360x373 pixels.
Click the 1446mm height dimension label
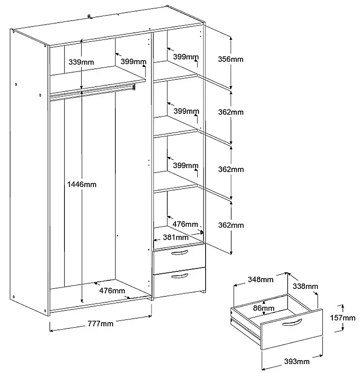click(82, 185)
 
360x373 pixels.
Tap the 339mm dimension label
click(81, 62)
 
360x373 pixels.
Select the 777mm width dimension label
click(100, 323)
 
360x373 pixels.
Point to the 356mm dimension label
click(231, 59)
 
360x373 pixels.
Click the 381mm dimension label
click(176, 237)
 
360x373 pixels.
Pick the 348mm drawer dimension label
click(261, 279)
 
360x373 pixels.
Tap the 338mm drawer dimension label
click(305, 286)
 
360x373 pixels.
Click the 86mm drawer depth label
click(264, 308)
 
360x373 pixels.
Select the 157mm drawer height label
click(343, 317)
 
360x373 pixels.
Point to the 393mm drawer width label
click(297, 361)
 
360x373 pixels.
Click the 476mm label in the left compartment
click(112, 291)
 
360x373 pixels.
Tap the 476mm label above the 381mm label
click(185, 224)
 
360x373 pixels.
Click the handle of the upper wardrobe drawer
click(179, 253)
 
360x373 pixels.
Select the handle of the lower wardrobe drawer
click(179, 276)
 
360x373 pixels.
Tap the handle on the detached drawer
click(292, 323)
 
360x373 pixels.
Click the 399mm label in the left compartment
click(133, 62)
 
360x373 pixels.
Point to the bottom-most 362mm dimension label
click(231, 225)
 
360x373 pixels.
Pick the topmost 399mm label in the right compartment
click(186, 57)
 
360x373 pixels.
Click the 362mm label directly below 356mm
click(231, 112)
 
